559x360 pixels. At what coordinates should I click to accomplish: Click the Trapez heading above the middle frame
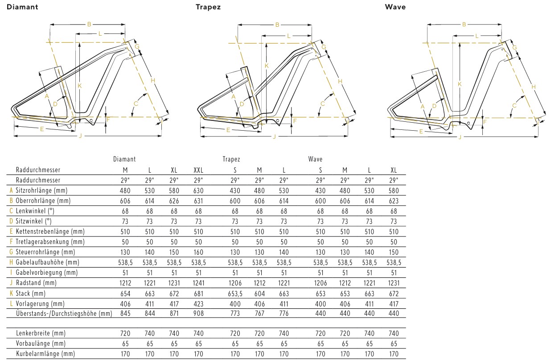coord(208,7)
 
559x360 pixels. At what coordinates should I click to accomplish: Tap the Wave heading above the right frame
coord(395,7)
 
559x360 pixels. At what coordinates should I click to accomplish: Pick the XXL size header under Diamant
coord(198,170)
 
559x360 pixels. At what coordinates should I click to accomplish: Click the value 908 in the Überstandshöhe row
coord(198,314)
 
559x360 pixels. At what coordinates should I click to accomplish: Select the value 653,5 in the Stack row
coord(235,294)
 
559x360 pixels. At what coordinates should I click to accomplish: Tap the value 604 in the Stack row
coord(259,294)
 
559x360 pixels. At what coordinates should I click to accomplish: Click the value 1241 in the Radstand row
coord(198,283)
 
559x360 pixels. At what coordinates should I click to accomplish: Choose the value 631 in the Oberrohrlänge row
coord(198,201)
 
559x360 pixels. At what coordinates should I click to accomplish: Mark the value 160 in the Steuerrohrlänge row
coord(198,252)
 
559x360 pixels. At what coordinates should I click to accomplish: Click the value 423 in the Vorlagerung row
coord(198,303)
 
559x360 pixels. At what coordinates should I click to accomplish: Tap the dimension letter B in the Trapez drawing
coord(277,25)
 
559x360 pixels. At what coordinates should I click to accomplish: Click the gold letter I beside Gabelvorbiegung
coord(11,273)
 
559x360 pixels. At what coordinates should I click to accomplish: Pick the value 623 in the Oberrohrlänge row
coord(394,201)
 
